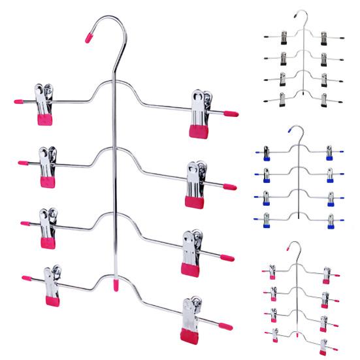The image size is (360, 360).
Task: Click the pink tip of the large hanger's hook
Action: click(x=90, y=37)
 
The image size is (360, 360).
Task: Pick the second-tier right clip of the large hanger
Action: click(x=197, y=183)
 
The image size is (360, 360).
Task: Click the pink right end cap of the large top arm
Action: click(x=231, y=113)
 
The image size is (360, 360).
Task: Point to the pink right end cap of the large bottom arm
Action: click(x=225, y=325)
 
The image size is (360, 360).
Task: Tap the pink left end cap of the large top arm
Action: click(x=19, y=103)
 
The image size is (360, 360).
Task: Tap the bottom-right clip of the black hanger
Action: click(x=325, y=99)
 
